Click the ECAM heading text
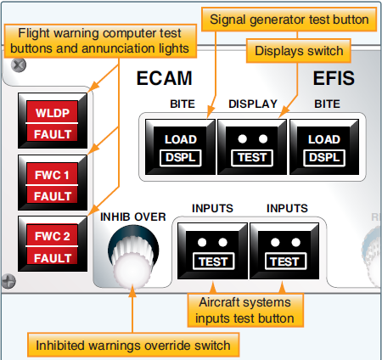[166, 79]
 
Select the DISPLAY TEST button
[251, 146]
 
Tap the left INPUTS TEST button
[212, 251]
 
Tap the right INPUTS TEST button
[285, 251]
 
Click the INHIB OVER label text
[132, 217]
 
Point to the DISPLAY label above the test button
[252, 105]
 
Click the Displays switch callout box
[300, 52]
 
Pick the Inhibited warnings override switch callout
[133, 345]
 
